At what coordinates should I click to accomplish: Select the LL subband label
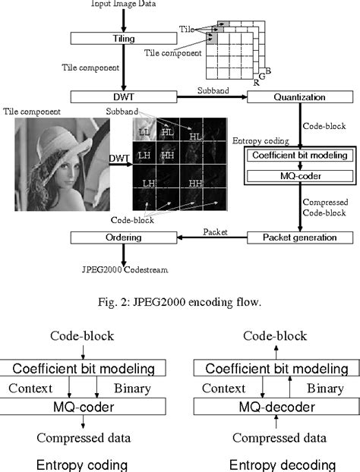click(146, 133)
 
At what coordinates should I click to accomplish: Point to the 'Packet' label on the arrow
click(213, 230)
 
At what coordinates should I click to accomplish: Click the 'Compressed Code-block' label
click(327, 208)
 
